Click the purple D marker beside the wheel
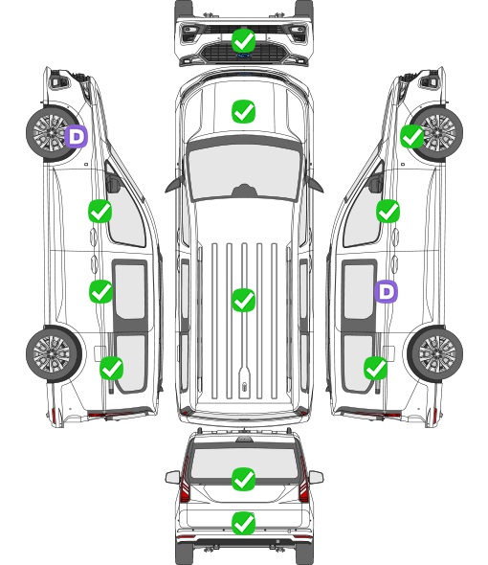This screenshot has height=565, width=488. (x=77, y=137)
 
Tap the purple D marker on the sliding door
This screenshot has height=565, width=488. (x=387, y=291)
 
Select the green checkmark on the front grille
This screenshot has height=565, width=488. (x=244, y=40)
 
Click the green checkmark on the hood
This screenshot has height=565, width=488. (x=244, y=111)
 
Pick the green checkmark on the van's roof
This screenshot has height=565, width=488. (x=244, y=300)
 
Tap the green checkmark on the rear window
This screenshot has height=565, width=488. (x=244, y=479)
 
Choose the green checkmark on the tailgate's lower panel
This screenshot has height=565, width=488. (x=244, y=523)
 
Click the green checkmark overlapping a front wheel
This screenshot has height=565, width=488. (x=412, y=137)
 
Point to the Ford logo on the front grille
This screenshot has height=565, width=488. (x=243, y=56)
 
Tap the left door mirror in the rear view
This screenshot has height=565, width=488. (x=172, y=477)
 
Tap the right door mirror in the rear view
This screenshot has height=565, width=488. (x=316, y=477)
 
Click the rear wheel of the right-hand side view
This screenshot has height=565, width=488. (x=435, y=353)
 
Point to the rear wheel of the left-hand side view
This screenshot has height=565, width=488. (x=53, y=353)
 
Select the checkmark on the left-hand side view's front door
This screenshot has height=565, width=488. (x=100, y=211)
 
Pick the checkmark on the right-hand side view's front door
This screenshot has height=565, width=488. (x=388, y=211)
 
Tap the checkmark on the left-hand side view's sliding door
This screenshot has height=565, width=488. (x=100, y=291)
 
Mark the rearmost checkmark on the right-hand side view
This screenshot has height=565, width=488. (x=376, y=368)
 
